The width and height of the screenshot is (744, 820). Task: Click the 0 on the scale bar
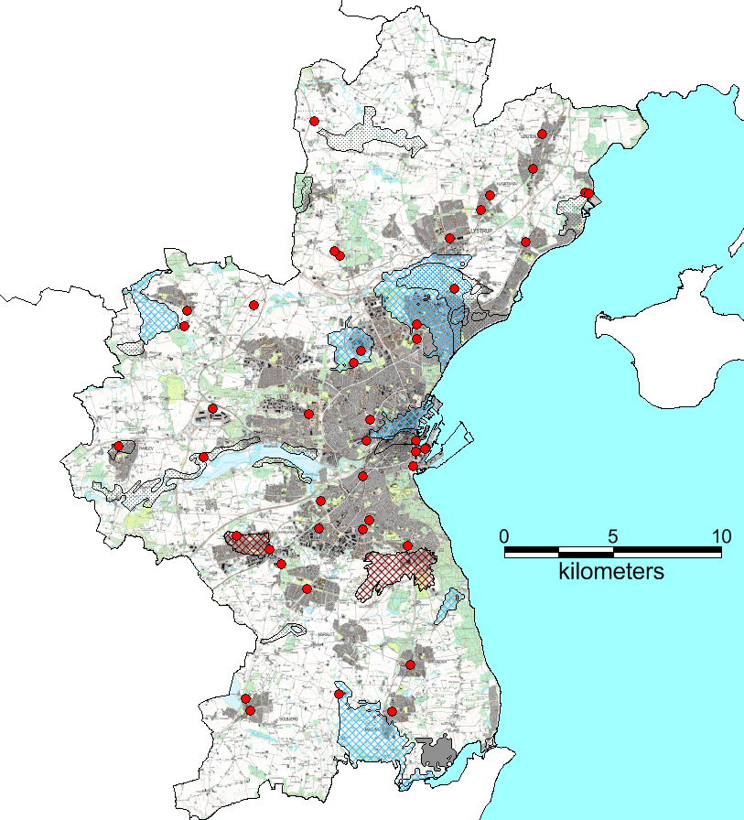pyautogui.click(x=504, y=535)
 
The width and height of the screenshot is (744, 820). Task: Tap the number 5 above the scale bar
pyautogui.click(x=612, y=535)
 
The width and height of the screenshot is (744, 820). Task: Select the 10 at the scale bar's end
pyautogui.click(x=720, y=535)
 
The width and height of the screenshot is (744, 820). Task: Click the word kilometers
pyautogui.click(x=611, y=573)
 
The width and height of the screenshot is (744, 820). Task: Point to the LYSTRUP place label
pyautogui.click(x=481, y=231)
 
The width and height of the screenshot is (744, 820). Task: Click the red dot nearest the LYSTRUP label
pyautogui.click(x=450, y=239)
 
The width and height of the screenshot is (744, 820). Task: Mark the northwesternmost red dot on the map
pyautogui.click(x=314, y=121)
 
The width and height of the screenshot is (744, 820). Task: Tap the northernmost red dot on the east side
pyautogui.click(x=542, y=135)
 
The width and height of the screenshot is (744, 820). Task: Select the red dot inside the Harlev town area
pyautogui.click(x=118, y=447)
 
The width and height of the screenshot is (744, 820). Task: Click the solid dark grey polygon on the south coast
pyautogui.click(x=437, y=754)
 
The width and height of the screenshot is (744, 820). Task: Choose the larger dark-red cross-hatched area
pyautogui.click(x=395, y=572)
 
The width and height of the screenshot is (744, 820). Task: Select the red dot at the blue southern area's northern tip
pyautogui.click(x=340, y=694)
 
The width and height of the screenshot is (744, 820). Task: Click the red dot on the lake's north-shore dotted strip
pyautogui.click(x=203, y=457)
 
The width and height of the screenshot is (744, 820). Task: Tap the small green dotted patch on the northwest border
pyautogui.click(x=301, y=192)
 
